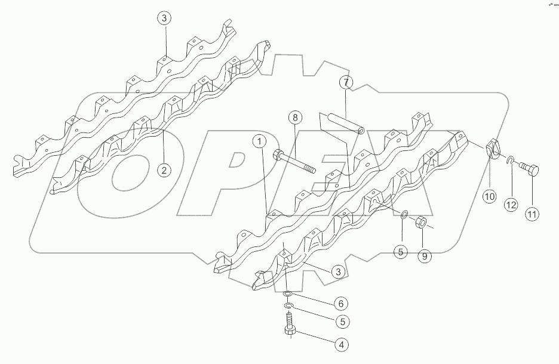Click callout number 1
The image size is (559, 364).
pos(259,141)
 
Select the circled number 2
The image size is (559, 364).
pos(162,170)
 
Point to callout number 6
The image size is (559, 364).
pos(341,304)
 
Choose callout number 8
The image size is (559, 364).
pos(294,118)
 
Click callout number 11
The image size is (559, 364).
pos(532,213)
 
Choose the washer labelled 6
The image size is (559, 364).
pos(287,294)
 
